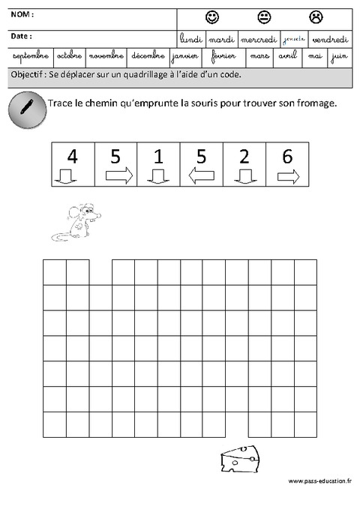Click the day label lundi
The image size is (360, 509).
tap(192, 39)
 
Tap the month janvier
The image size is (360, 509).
tap(184, 56)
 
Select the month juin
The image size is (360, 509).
tap(339, 56)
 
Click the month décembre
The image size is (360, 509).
tap(147, 56)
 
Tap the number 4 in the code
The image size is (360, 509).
tap(72, 157)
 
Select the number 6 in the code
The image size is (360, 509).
tap(288, 157)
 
